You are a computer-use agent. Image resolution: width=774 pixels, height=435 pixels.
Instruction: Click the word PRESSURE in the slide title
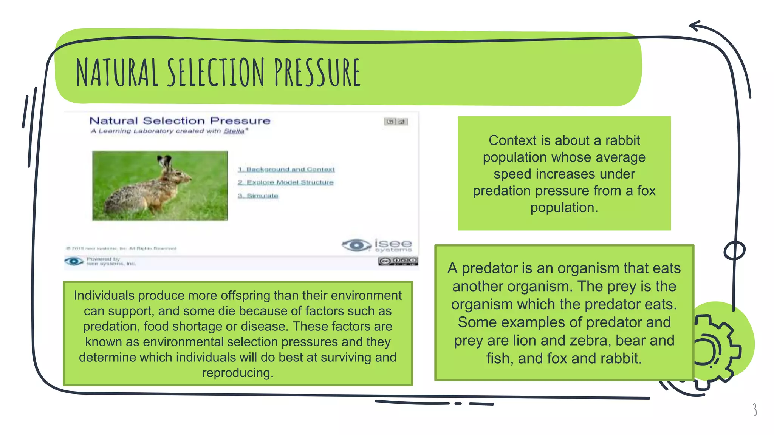coord(317,72)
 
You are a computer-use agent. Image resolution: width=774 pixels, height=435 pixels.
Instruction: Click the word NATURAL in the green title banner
coord(117,72)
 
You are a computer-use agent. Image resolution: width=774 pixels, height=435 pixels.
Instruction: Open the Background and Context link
coord(286,170)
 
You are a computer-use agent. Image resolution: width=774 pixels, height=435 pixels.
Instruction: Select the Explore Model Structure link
coord(286,182)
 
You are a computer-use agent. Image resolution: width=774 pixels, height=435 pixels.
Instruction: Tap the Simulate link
coord(258,196)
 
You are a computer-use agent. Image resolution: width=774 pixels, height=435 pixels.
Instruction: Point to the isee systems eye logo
coord(356,245)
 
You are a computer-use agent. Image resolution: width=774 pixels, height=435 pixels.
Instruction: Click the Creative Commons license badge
coord(398,261)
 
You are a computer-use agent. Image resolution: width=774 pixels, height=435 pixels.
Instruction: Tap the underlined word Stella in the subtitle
coord(234,131)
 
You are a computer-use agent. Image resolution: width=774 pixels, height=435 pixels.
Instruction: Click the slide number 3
coord(754,409)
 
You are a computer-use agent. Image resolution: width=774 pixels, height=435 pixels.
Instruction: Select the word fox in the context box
coord(646,191)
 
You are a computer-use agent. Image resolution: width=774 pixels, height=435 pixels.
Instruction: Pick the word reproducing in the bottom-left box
coord(237,373)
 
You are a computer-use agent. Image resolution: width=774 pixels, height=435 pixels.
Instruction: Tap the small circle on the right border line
coord(734,250)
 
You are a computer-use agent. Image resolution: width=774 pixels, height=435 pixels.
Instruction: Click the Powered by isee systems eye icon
coord(74,261)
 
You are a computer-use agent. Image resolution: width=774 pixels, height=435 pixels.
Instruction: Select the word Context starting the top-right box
coord(512,140)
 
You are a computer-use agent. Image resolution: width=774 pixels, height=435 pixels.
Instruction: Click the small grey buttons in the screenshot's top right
coord(396,122)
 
